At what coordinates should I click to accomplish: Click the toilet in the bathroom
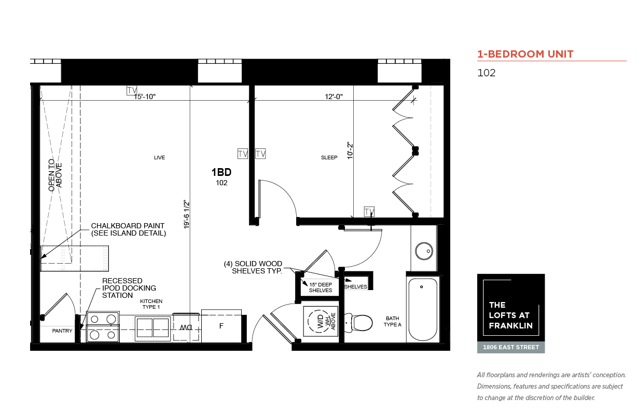coord(358,323)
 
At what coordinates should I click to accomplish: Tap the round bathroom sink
coord(424,251)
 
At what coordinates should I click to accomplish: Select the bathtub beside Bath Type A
coord(423,309)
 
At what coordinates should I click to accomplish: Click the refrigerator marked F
coord(221,326)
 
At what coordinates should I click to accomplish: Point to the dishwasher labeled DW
coord(186,327)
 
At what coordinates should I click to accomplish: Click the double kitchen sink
coord(153,328)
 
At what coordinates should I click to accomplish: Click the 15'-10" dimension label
coord(145,97)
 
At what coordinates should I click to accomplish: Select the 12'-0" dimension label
coord(334,97)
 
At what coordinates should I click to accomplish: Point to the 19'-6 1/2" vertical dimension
coord(186,214)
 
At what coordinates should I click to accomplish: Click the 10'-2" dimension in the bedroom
coord(350,150)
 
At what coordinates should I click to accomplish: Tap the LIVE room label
coord(159,157)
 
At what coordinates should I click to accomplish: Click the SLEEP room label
coord(329,157)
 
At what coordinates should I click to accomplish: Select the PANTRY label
coord(62,331)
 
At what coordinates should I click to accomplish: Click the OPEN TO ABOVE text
coord(55,175)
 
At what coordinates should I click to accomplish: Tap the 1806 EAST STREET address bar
coord(511,347)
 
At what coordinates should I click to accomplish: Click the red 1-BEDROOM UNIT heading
coord(525,54)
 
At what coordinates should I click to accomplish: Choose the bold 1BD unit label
coord(221,172)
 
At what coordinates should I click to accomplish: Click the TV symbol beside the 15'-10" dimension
coord(132,90)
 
